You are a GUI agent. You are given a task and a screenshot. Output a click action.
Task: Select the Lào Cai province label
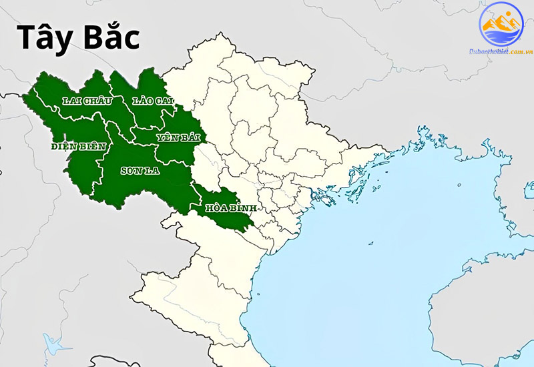[153, 100]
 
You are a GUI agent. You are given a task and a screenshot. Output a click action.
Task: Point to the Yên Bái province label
[178, 137]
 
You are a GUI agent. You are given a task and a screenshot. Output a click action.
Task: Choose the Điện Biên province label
[78, 146]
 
